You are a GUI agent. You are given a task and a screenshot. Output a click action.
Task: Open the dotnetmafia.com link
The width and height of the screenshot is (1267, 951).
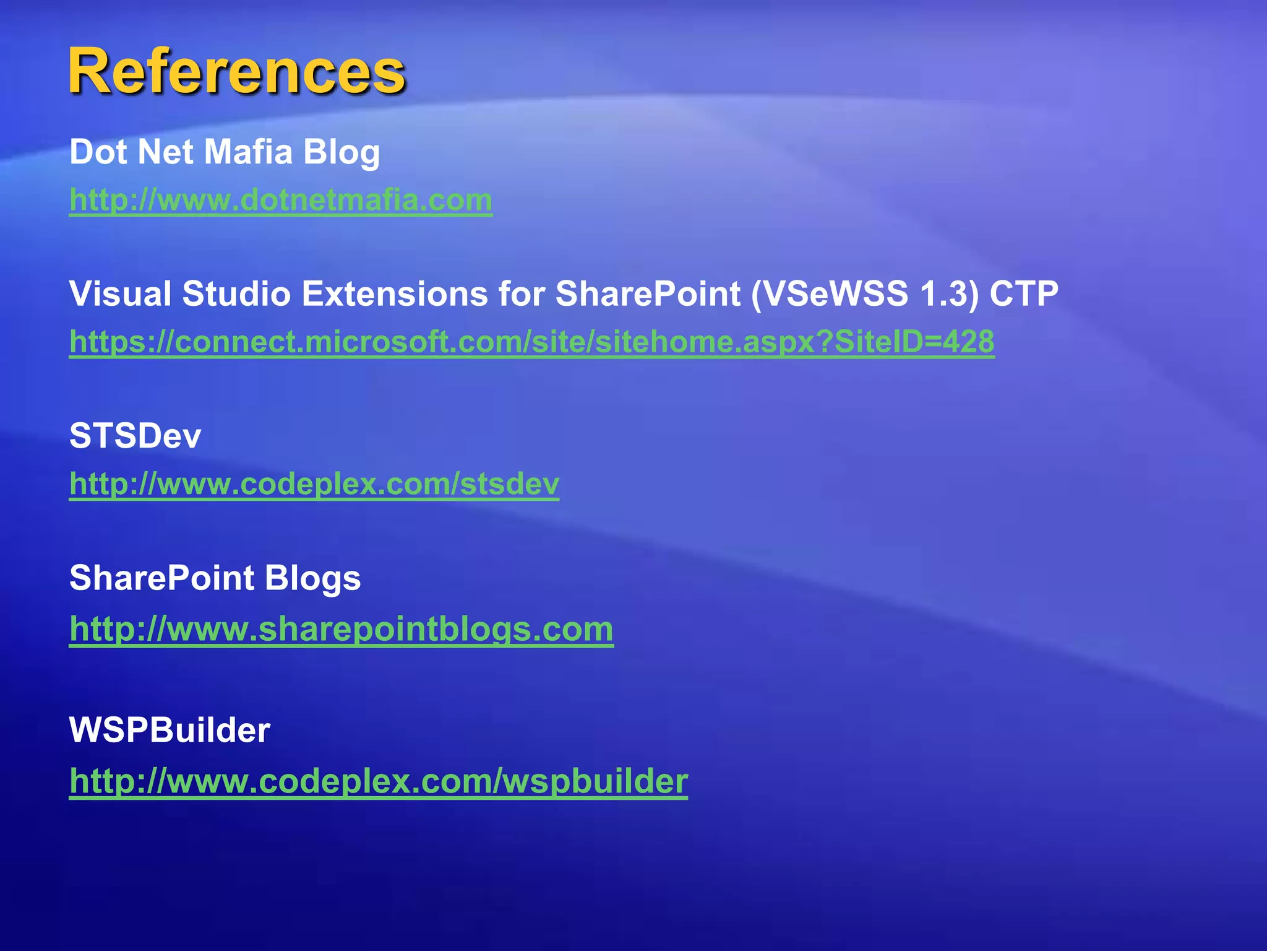tap(281, 200)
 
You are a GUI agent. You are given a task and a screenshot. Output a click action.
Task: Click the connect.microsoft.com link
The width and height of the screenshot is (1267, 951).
tap(532, 342)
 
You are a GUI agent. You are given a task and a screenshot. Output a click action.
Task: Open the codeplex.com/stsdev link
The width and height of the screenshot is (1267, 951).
tap(314, 484)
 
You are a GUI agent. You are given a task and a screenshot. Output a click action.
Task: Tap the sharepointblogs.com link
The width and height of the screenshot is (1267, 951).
tap(341, 629)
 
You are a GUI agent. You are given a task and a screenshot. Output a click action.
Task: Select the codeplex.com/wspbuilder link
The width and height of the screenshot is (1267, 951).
tap(379, 781)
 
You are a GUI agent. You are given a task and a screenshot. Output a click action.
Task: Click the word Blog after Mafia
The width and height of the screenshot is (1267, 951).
tap(341, 153)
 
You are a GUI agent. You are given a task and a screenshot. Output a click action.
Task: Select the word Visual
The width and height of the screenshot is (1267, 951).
tap(120, 293)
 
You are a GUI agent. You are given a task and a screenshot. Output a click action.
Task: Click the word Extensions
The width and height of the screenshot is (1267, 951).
tap(395, 293)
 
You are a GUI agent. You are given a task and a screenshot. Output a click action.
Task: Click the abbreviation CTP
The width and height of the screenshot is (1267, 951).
tap(1024, 293)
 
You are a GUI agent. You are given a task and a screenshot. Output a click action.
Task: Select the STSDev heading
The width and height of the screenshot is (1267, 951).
tap(135, 436)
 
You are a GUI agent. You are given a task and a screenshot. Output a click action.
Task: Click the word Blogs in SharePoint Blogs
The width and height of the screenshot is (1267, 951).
tap(312, 578)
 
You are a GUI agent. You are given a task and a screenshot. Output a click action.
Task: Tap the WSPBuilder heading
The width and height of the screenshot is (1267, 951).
tap(170, 730)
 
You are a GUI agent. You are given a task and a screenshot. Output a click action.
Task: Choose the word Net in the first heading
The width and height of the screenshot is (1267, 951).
tap(165, 152)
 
